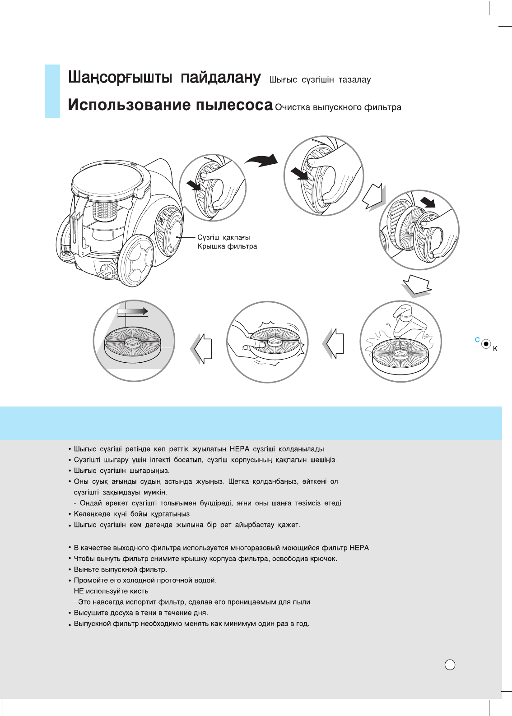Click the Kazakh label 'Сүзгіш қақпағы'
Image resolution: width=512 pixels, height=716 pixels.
click(x=223, y=237)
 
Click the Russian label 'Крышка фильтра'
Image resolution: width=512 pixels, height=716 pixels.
click(x=227, y=246)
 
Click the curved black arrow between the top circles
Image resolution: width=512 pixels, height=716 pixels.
click(x=261, y=160)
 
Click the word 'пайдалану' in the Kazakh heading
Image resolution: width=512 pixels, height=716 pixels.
click(x=220, y=78)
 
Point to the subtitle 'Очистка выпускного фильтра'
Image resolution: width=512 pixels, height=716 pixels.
click(x=338, y=107)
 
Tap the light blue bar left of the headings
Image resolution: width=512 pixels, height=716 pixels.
click(x=52, y=91)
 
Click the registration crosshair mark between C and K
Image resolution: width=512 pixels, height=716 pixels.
click(x=486, y=344)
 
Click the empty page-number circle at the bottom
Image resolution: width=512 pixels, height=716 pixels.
click(x=450, y=664)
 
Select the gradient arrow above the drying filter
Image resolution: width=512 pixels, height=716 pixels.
click(x=133, y=311)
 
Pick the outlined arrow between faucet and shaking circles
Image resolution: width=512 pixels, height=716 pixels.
click(x=334, y=344)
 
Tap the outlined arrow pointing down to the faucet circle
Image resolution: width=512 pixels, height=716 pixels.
click(x=417, y=286)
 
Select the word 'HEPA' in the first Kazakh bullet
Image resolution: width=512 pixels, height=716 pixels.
click(x=239, y=449)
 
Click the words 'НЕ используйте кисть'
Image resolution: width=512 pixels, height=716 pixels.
click(x=111, y=591)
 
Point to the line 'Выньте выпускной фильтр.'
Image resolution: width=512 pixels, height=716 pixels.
click(x=120, y=569)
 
